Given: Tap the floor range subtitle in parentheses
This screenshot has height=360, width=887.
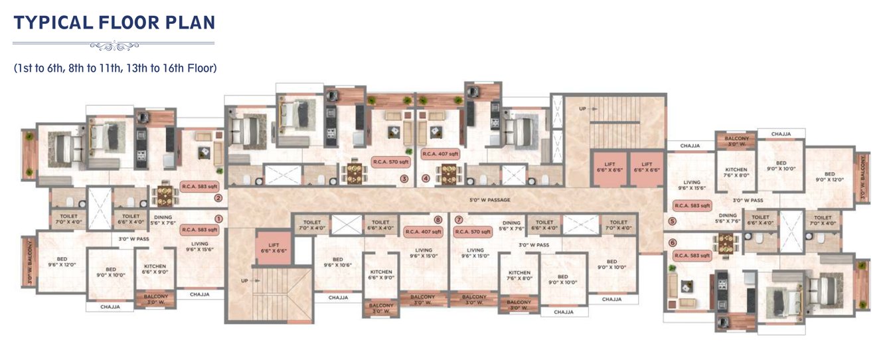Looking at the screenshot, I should click(116, 68).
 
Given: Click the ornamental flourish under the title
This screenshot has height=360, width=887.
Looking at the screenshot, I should click(114, 46).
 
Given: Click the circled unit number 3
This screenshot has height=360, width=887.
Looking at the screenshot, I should click(403, 179).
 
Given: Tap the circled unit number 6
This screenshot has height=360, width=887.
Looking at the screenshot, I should click(673, 242).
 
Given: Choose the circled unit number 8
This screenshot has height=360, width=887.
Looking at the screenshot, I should click(438, 219).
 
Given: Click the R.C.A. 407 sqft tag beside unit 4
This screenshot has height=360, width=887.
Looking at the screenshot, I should click(441, 153).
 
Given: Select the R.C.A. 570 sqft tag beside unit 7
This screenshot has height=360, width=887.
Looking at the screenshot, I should click(472, 232).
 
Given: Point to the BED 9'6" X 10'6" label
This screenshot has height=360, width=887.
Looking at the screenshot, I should click(337, 262).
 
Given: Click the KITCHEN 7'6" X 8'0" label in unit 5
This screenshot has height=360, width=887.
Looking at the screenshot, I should click(735, 173).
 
